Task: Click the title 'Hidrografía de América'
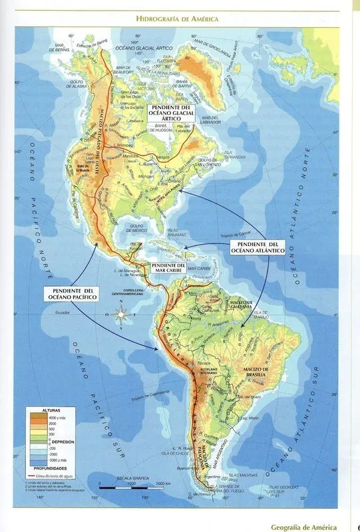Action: tap(177, 19)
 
